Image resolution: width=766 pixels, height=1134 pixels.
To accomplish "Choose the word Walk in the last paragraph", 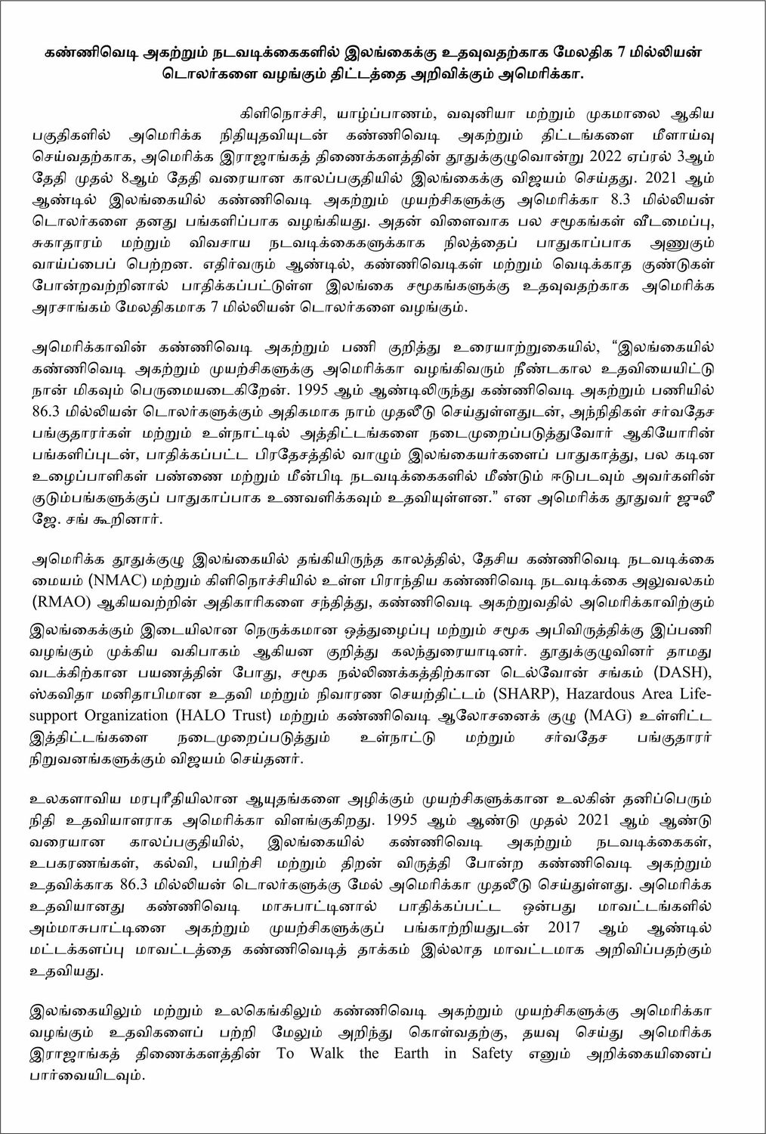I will click(326, 1053).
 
